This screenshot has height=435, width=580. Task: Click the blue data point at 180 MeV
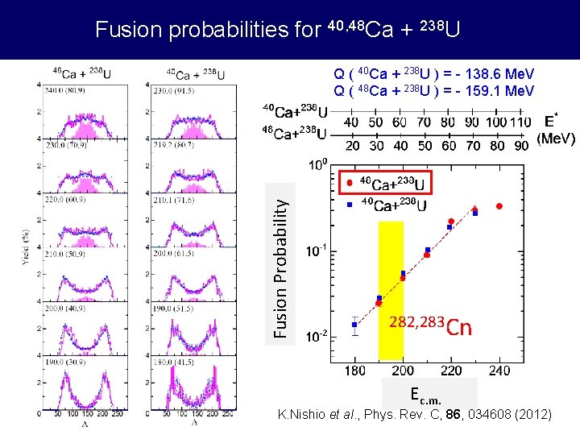click(354, 325)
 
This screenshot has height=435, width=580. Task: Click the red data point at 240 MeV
click(499, 206)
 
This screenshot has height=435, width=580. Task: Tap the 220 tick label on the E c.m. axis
click(450, 371)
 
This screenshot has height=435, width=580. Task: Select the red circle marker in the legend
click(348, 183)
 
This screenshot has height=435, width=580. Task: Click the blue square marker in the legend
click(348, 205)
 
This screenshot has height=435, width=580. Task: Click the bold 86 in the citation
click(460, 415)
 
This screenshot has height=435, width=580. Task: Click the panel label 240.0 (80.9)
click(67, 90)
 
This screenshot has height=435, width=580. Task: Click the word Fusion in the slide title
click(124, 30)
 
